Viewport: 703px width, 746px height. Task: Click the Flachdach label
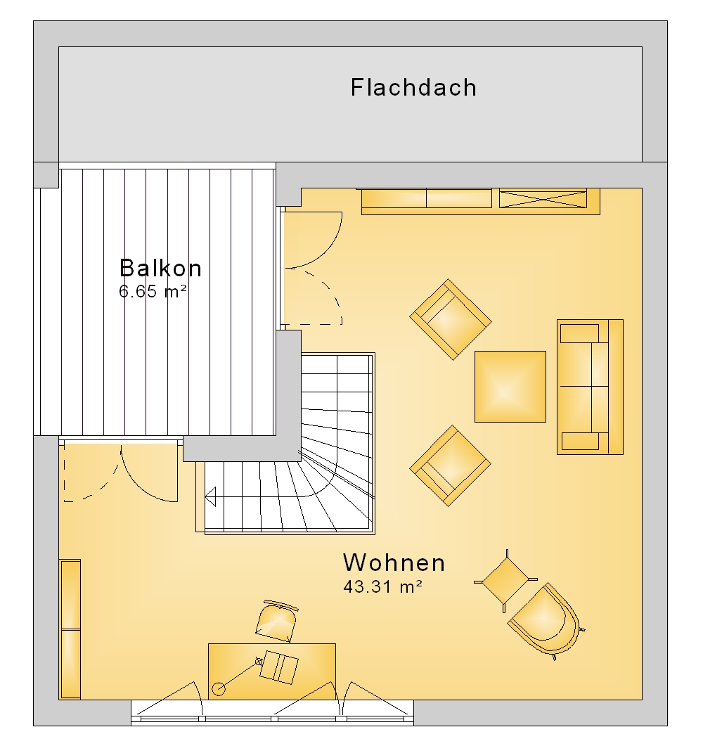click(413, 88)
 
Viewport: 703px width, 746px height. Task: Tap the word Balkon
click(161, 269)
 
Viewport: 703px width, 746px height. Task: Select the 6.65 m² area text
click(153, 291)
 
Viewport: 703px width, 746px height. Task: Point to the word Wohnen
click(394, 562)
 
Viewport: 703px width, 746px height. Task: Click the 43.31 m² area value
click(383, 586)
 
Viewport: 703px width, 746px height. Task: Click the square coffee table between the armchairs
click(510, 387)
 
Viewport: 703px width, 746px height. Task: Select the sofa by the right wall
click(591, 387)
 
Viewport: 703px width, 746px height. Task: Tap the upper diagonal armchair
click(451, 319)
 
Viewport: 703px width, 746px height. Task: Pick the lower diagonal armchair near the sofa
click(451, 465)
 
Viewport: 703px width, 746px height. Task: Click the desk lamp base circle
click(219, 688)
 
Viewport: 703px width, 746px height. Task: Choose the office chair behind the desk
click(276, 621)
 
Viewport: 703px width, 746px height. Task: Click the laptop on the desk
click(279, 667)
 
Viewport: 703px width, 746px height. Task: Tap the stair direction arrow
click(210, 496)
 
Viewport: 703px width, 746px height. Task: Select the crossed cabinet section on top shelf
click(543, 198)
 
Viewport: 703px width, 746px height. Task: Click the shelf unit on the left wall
click(70, 629)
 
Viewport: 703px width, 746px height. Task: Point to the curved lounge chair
click(545, 621)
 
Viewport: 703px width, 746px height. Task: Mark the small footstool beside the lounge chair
click(506, 581)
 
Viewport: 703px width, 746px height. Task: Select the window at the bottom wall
click(273, 713)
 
